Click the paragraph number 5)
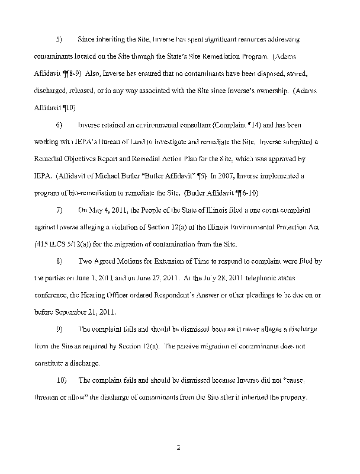click(59, 40)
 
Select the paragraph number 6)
click(59, 126)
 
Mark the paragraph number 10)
click(60, 380)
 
